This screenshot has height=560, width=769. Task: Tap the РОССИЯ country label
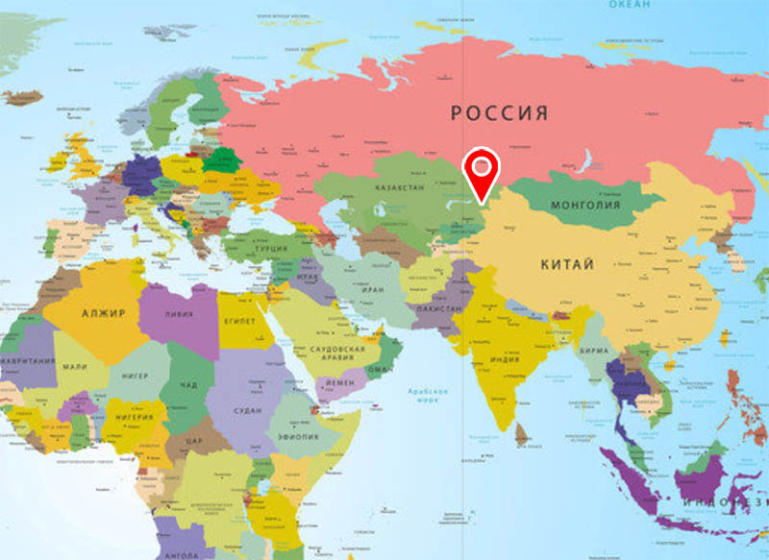coord(500,113)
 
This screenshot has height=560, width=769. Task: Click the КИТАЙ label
coord(567,264)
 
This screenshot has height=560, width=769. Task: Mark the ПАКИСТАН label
coord(438,309)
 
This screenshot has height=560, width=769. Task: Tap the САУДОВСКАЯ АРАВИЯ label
coord(337,353)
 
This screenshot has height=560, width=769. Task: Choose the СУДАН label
coord(247,410)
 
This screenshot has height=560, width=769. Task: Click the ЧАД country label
coord(189,385)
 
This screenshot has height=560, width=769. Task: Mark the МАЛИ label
coord(76,366)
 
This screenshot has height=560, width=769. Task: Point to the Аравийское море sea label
coord(430,396)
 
